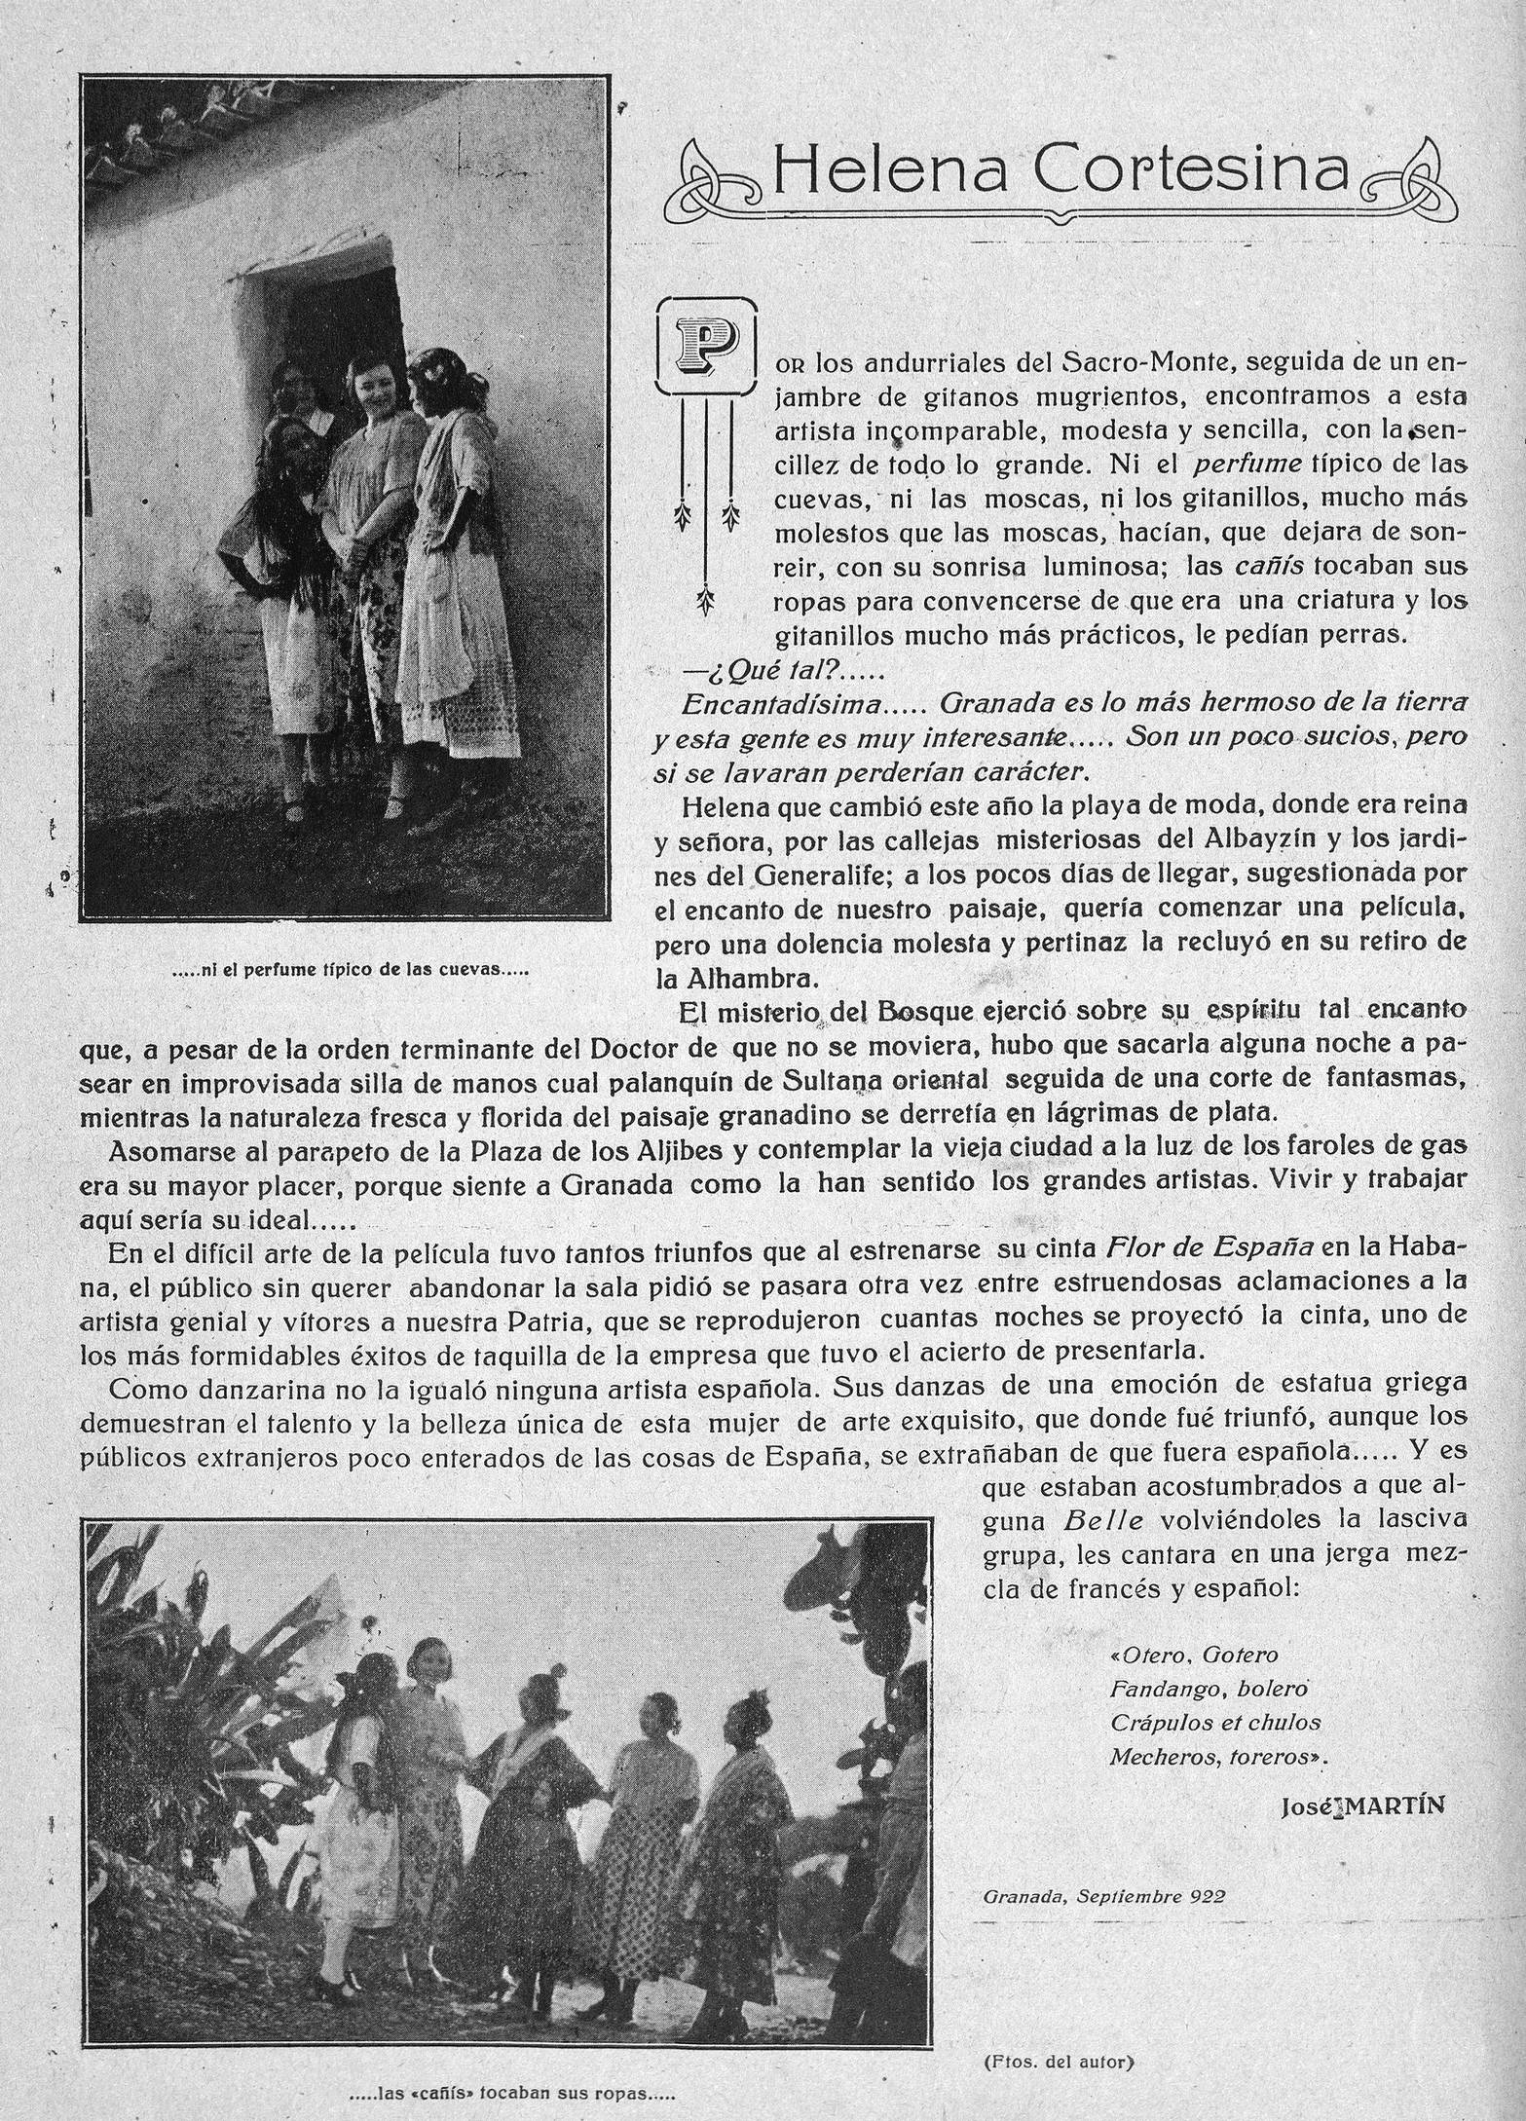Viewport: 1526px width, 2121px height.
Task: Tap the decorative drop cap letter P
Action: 706,345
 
